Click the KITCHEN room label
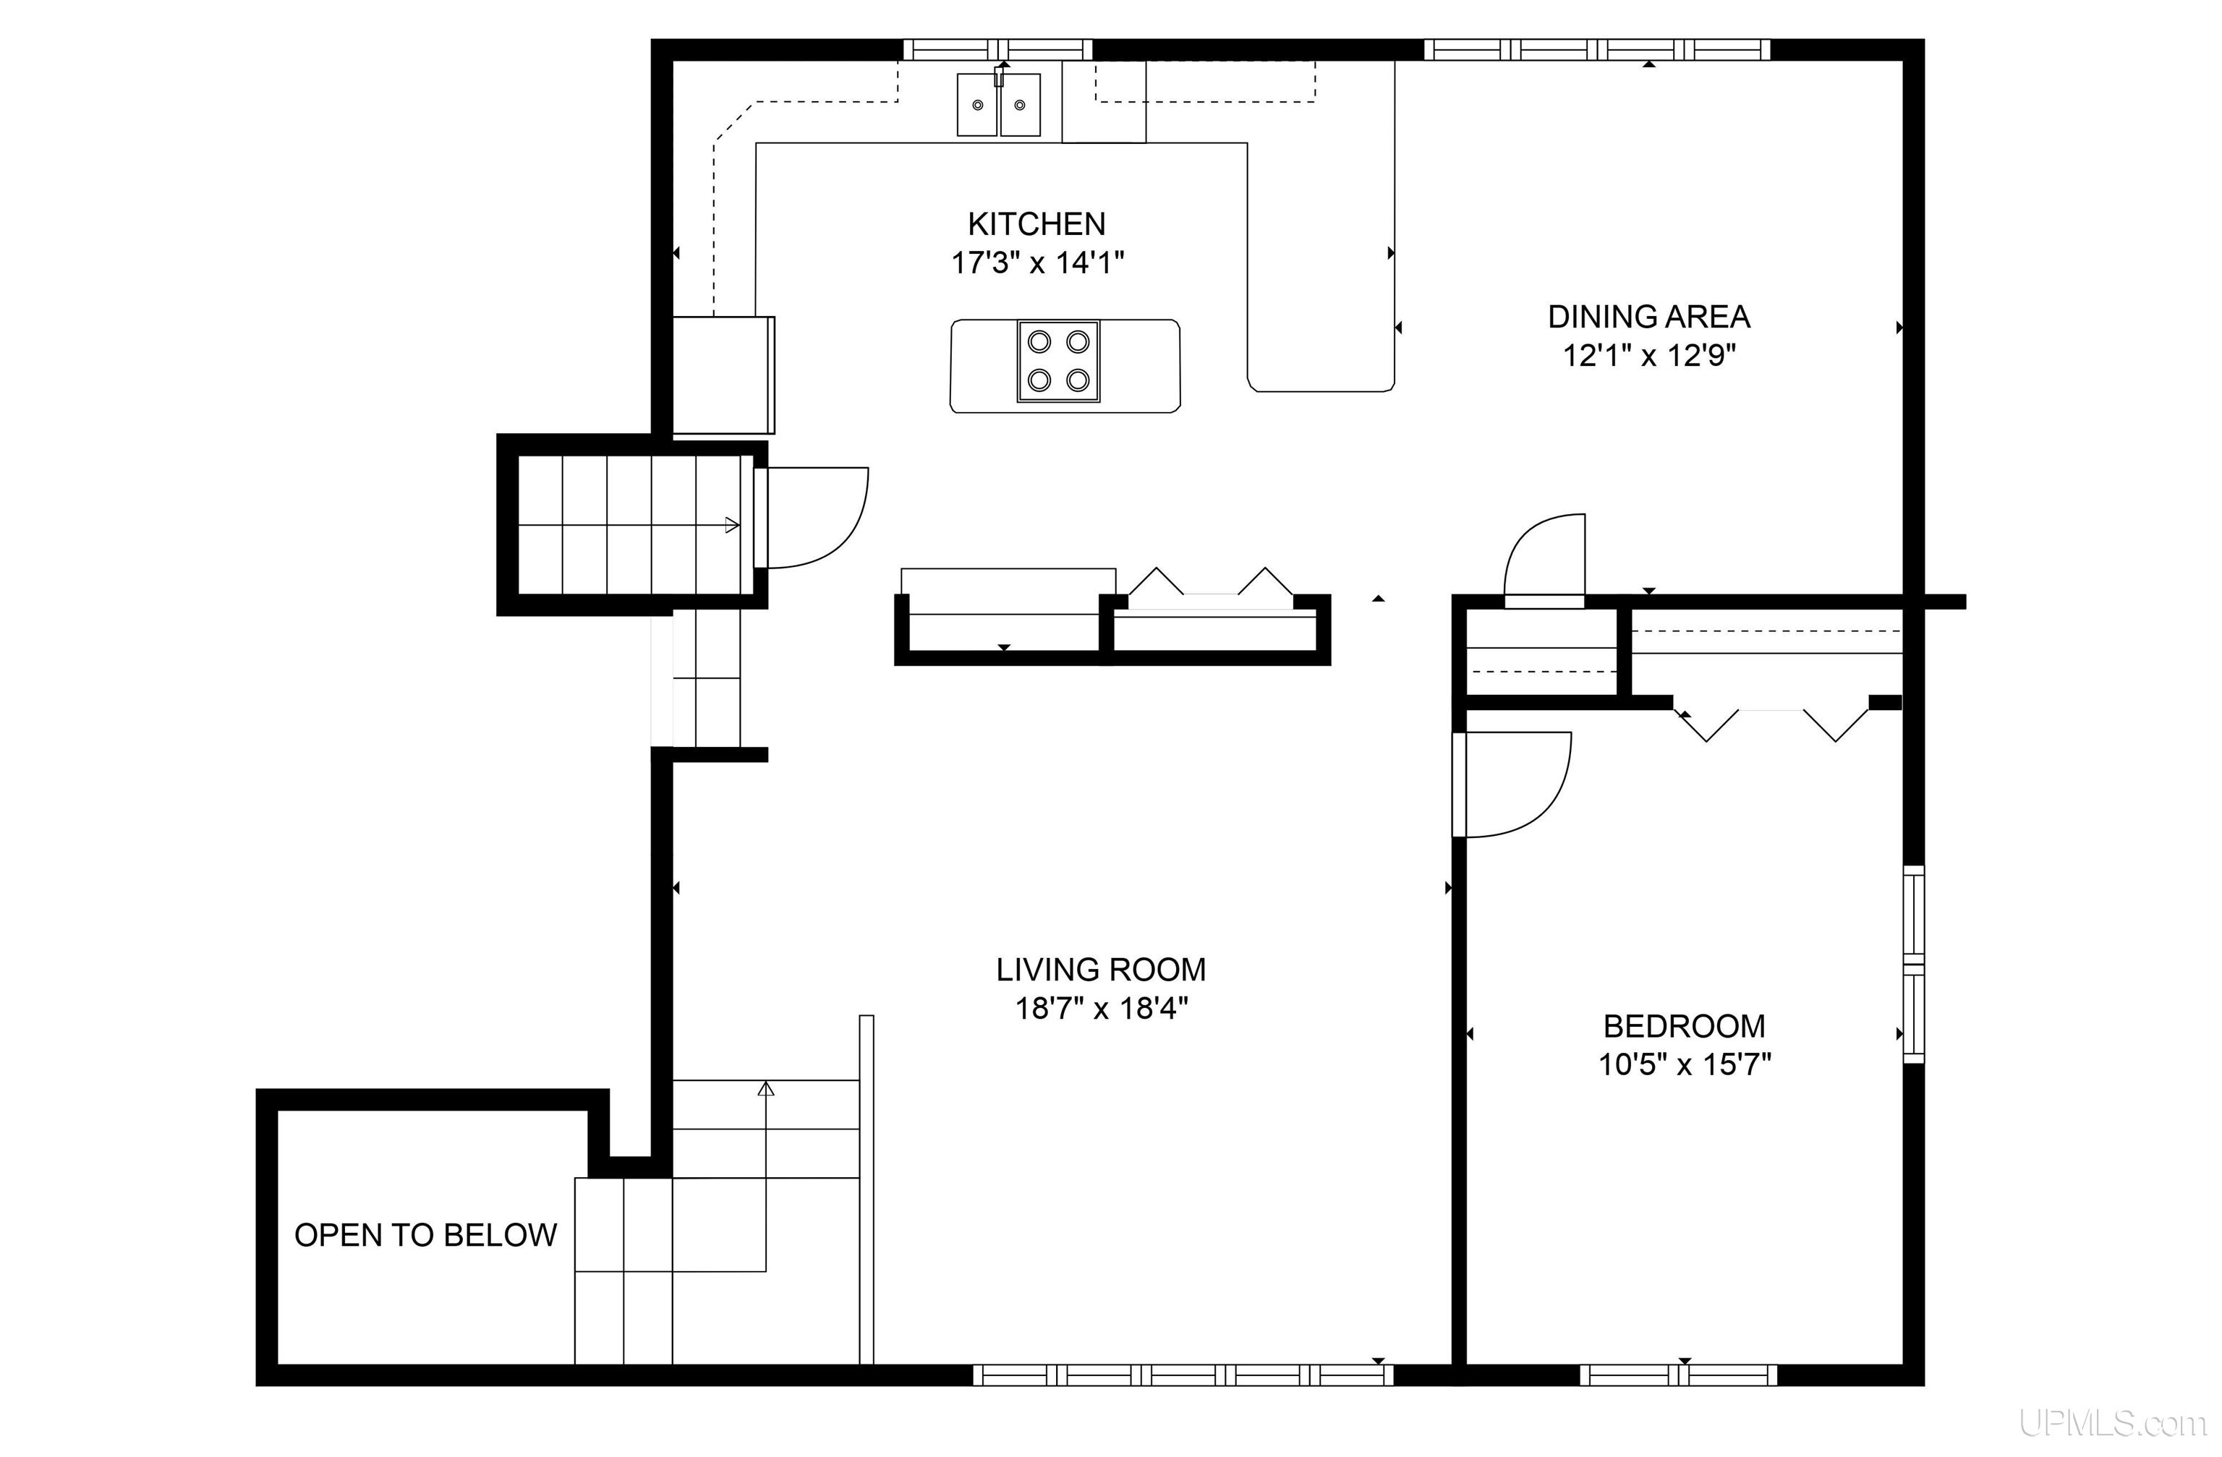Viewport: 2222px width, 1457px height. (1036, 224)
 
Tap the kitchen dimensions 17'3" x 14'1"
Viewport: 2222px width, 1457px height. (1037, 263)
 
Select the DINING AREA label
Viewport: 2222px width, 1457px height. (1648, 317)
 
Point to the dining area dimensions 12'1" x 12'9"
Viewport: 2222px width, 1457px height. (1650, 356)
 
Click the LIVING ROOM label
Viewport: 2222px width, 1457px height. (1101, 970)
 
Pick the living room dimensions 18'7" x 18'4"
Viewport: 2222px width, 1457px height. (1102, 1008)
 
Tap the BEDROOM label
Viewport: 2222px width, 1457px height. (1685, 1026)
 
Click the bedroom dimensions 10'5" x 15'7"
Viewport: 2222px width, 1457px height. (1685, 1064)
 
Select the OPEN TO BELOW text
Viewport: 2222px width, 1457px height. (426, 1235)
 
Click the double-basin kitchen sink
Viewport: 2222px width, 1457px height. (999, 105)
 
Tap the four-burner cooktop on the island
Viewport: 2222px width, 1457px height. (1059, 362)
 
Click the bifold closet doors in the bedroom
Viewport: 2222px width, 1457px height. (1772, 721)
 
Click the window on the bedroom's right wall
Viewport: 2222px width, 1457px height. (1914, 964)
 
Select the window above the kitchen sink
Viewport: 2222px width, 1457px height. (998, 49)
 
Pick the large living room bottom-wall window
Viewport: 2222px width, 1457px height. (1183, 1375)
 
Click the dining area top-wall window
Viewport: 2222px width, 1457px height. (1596, 49)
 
